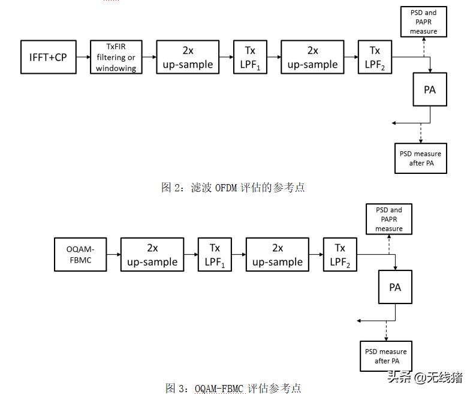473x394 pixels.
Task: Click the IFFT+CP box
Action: [49, 57]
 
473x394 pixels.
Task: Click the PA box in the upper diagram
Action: [429, 90]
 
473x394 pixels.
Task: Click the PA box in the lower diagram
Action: [394, 287]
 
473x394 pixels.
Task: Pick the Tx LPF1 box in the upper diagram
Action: [250, 58]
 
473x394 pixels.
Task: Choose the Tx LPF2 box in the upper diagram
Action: [375, 58]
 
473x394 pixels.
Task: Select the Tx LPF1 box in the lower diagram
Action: [215, 254]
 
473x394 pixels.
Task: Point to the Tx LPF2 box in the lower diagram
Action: [340, 254]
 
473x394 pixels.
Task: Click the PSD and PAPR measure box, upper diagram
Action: [423, 22]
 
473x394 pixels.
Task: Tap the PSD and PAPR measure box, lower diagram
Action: [389, 219]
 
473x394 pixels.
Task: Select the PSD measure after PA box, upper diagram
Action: [420, 158]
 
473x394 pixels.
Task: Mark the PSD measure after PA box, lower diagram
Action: [387, 356]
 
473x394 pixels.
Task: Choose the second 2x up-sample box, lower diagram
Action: [277, 254]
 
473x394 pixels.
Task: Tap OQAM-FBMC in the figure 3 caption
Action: [219, 389]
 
